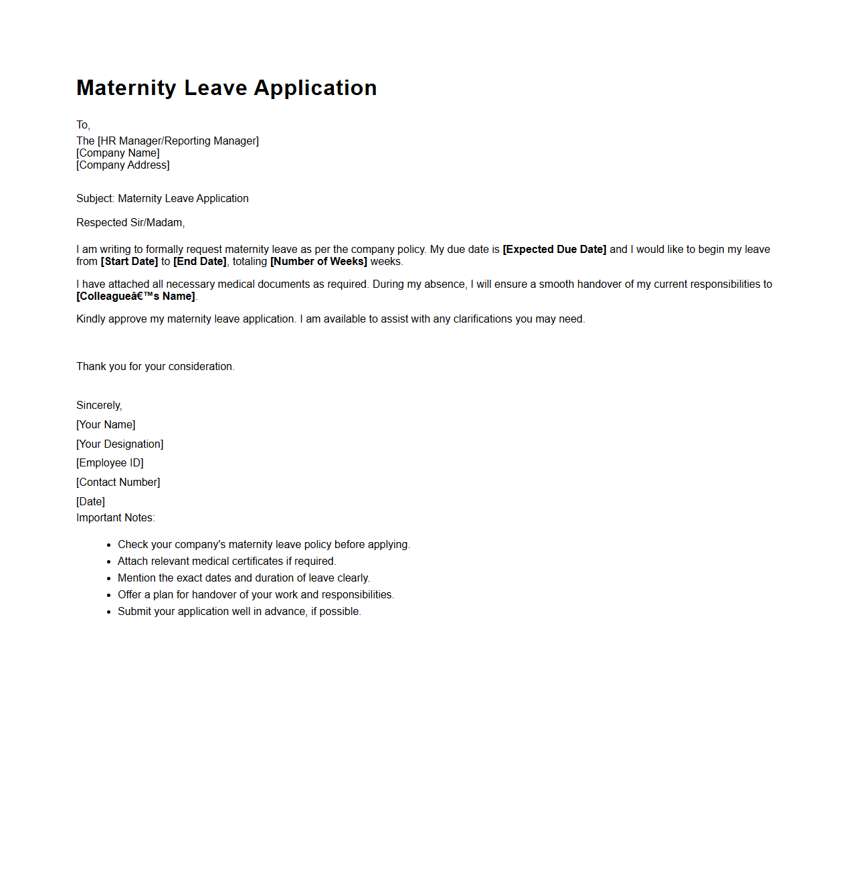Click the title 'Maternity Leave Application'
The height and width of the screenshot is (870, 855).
226,88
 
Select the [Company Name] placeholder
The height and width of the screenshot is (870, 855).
118,153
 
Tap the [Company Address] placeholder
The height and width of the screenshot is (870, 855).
123,165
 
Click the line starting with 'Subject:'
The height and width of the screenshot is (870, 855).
163,199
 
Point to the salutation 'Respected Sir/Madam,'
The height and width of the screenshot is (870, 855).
130,223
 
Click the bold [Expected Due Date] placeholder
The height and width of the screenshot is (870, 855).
554,250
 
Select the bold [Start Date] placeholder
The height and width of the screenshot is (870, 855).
129,262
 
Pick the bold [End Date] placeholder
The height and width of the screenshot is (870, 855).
200,262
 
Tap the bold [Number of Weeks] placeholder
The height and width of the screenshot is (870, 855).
318,262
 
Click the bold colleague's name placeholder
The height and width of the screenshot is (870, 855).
136,296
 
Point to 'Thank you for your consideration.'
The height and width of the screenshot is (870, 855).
155,367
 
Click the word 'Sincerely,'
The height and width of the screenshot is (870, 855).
99,406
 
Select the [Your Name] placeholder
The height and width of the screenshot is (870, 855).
106,425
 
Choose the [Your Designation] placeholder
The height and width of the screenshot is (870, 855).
120,444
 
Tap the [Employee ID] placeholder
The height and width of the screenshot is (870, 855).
110,463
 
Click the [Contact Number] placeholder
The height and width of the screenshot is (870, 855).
118,483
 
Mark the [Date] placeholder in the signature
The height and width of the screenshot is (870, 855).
90,502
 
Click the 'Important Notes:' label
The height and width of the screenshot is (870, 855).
115,518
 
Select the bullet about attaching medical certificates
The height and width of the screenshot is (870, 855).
227,561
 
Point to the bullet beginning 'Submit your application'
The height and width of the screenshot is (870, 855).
239,612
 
